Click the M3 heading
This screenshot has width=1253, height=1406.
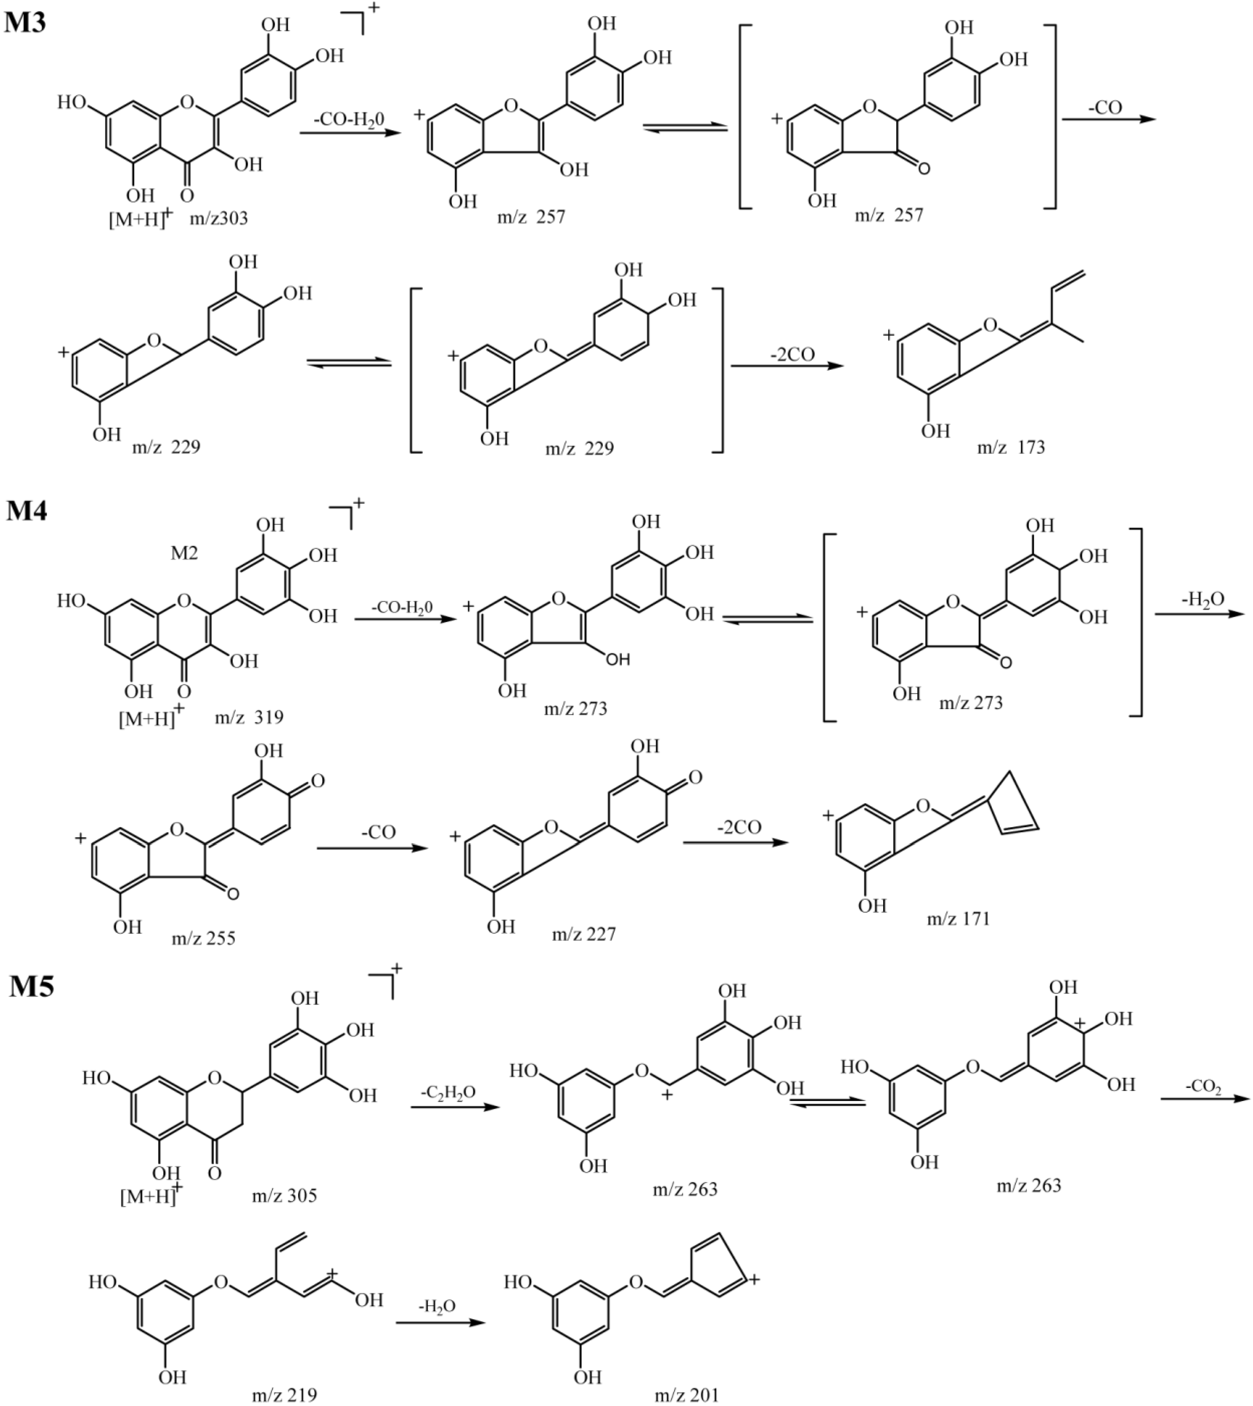coord(26,23)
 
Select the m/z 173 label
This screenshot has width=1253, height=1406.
coord(1011,448)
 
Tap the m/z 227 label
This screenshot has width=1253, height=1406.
coord(584,934)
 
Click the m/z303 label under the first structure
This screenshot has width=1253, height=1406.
coord(219,219)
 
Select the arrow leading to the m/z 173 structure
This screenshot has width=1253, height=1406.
coord(787,366)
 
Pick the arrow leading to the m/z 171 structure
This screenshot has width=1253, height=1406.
coord(735,842)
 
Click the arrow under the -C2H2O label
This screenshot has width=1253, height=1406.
coord(454,1106)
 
